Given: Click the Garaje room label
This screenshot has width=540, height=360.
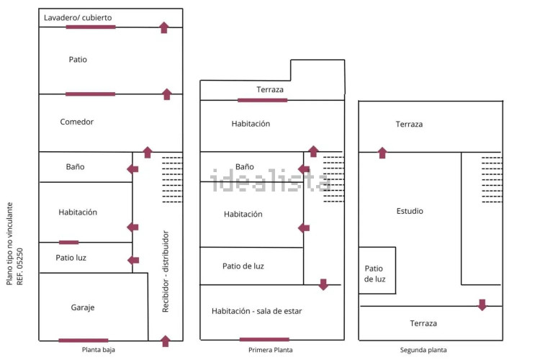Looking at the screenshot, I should tap(83, 307).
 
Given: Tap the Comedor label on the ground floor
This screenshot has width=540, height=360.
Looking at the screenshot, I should tap(77, 122).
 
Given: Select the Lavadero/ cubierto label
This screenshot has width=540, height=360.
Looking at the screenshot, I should tap(78, 17).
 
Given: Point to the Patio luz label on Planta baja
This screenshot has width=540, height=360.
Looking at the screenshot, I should tap(71, 257).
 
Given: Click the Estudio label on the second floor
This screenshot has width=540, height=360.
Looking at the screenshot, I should tap(410, 211).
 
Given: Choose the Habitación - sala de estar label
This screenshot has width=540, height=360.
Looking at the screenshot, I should tap(256, 311).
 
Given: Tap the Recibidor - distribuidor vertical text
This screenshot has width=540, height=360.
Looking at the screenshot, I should tap(166, 271).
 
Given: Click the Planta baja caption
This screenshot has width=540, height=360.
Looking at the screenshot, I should tap(97, 350).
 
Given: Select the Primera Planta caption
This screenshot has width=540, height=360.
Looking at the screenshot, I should tap(270, 350).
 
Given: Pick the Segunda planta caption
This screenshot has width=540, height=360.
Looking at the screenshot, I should tap(425, 350).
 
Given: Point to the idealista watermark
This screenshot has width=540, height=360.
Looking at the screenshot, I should tap(270, 180).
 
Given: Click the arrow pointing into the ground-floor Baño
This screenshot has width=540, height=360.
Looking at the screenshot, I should tap(132, 169).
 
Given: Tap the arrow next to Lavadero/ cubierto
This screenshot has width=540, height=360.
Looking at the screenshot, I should tap(164, 27).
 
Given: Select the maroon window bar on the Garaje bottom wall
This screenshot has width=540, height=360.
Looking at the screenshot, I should tap(84, 340).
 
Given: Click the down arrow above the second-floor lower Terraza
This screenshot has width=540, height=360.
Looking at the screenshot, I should tap(482, 305).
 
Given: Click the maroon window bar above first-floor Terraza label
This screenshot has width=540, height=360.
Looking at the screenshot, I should tap(262, 100).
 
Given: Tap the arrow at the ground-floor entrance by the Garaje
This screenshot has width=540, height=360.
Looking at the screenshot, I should tap(165, 341).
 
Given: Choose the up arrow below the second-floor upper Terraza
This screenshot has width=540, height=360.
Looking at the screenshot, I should tap(382, 153).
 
